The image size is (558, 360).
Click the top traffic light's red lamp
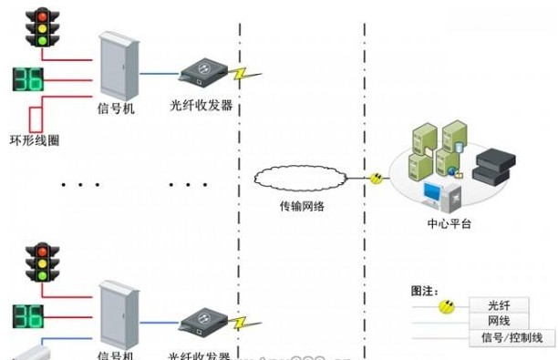tap(41, 15)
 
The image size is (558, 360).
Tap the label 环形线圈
tap(34, 140)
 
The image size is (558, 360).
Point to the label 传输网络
tap(301, 206)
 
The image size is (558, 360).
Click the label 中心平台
tap(449, 223)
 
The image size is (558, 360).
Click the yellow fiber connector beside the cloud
tap(375, 178)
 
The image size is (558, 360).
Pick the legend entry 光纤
tap(498, 305)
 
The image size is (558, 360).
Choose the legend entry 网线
tap(498, 321)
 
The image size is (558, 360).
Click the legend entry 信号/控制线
tap(511, 338)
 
